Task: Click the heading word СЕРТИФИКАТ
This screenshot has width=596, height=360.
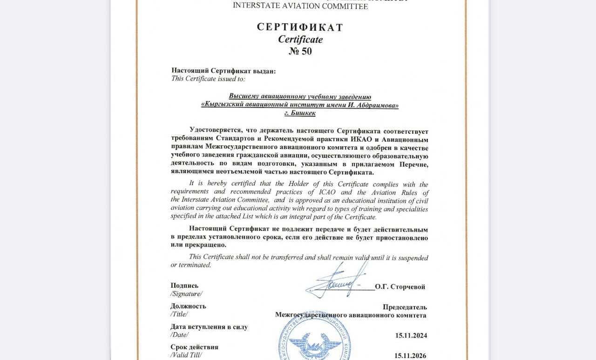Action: coord(300,27)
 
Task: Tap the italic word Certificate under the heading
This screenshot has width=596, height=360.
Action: coord(300,40)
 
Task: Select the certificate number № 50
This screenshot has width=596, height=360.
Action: coord(300,51)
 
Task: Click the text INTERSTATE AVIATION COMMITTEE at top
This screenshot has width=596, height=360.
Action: coord(300,6)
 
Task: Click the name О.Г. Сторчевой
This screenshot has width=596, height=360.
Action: coord(400,287)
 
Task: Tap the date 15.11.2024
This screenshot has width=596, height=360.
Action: coord(411,335)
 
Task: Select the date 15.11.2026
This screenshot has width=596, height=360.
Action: coord(410,355)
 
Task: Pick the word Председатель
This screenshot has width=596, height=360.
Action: coord(405,307)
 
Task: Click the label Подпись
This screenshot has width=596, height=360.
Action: coord(184,285)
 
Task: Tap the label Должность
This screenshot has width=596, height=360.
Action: coord(188,306)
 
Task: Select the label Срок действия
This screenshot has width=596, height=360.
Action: coord(194,347)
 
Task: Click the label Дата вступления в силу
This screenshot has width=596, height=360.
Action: coord(209,327)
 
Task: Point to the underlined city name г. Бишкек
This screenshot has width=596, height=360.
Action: coord(300,113)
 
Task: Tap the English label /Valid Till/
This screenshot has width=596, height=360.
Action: coord(186,355)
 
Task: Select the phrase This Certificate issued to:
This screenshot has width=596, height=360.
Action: coord(208,79)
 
